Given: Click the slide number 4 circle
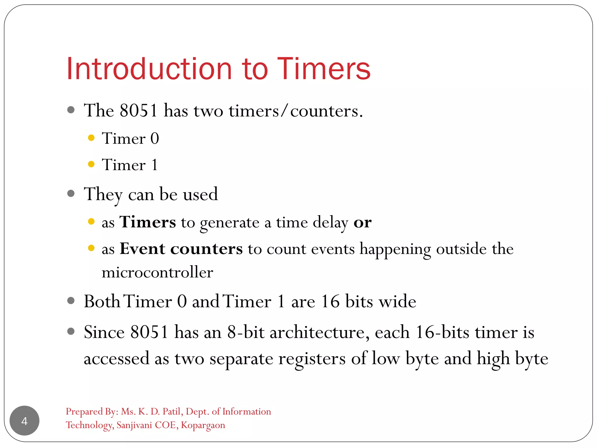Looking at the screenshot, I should [24, 421].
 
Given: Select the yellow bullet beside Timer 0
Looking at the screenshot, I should [91, 138].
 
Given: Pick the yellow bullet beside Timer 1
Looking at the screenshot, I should [91, 164].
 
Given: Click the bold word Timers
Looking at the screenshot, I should [148, 222].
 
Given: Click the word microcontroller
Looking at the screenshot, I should [157, 273].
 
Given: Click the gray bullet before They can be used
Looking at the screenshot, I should [71, 193].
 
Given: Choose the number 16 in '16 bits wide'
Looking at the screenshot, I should [330, 301].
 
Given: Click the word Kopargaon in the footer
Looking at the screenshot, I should [203, 425].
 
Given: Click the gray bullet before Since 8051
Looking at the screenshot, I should [71, 331].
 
